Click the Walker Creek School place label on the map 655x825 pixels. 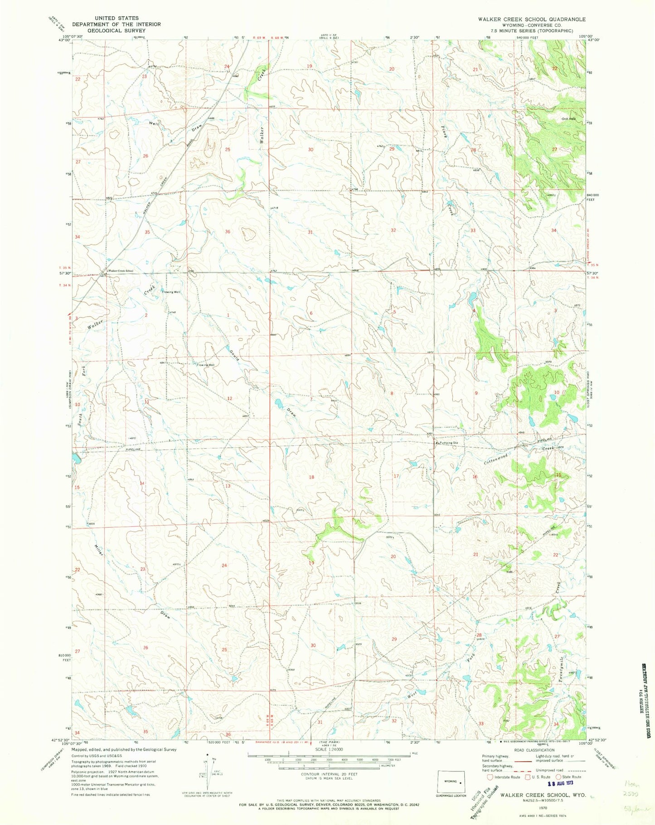[x=121, y=271]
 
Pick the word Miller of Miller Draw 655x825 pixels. [x=99, y=549]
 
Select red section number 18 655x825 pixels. [x=311, y=477]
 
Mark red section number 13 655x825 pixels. [x=228, y=486]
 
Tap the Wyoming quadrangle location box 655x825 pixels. [x=451, y=782]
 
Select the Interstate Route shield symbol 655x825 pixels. [x=490, y=790]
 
